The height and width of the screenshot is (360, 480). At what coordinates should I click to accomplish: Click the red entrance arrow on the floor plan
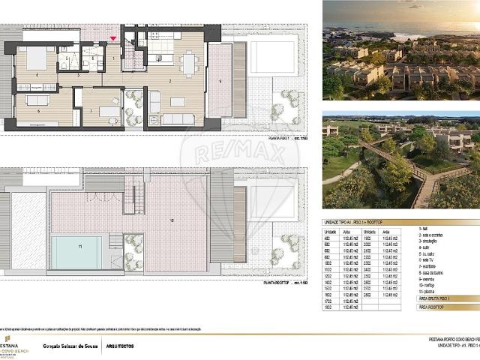113,38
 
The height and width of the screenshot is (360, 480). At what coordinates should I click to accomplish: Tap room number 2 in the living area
169,79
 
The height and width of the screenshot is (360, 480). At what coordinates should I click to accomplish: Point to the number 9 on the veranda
220,79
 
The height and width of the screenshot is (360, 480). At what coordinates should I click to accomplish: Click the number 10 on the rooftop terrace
172,220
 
